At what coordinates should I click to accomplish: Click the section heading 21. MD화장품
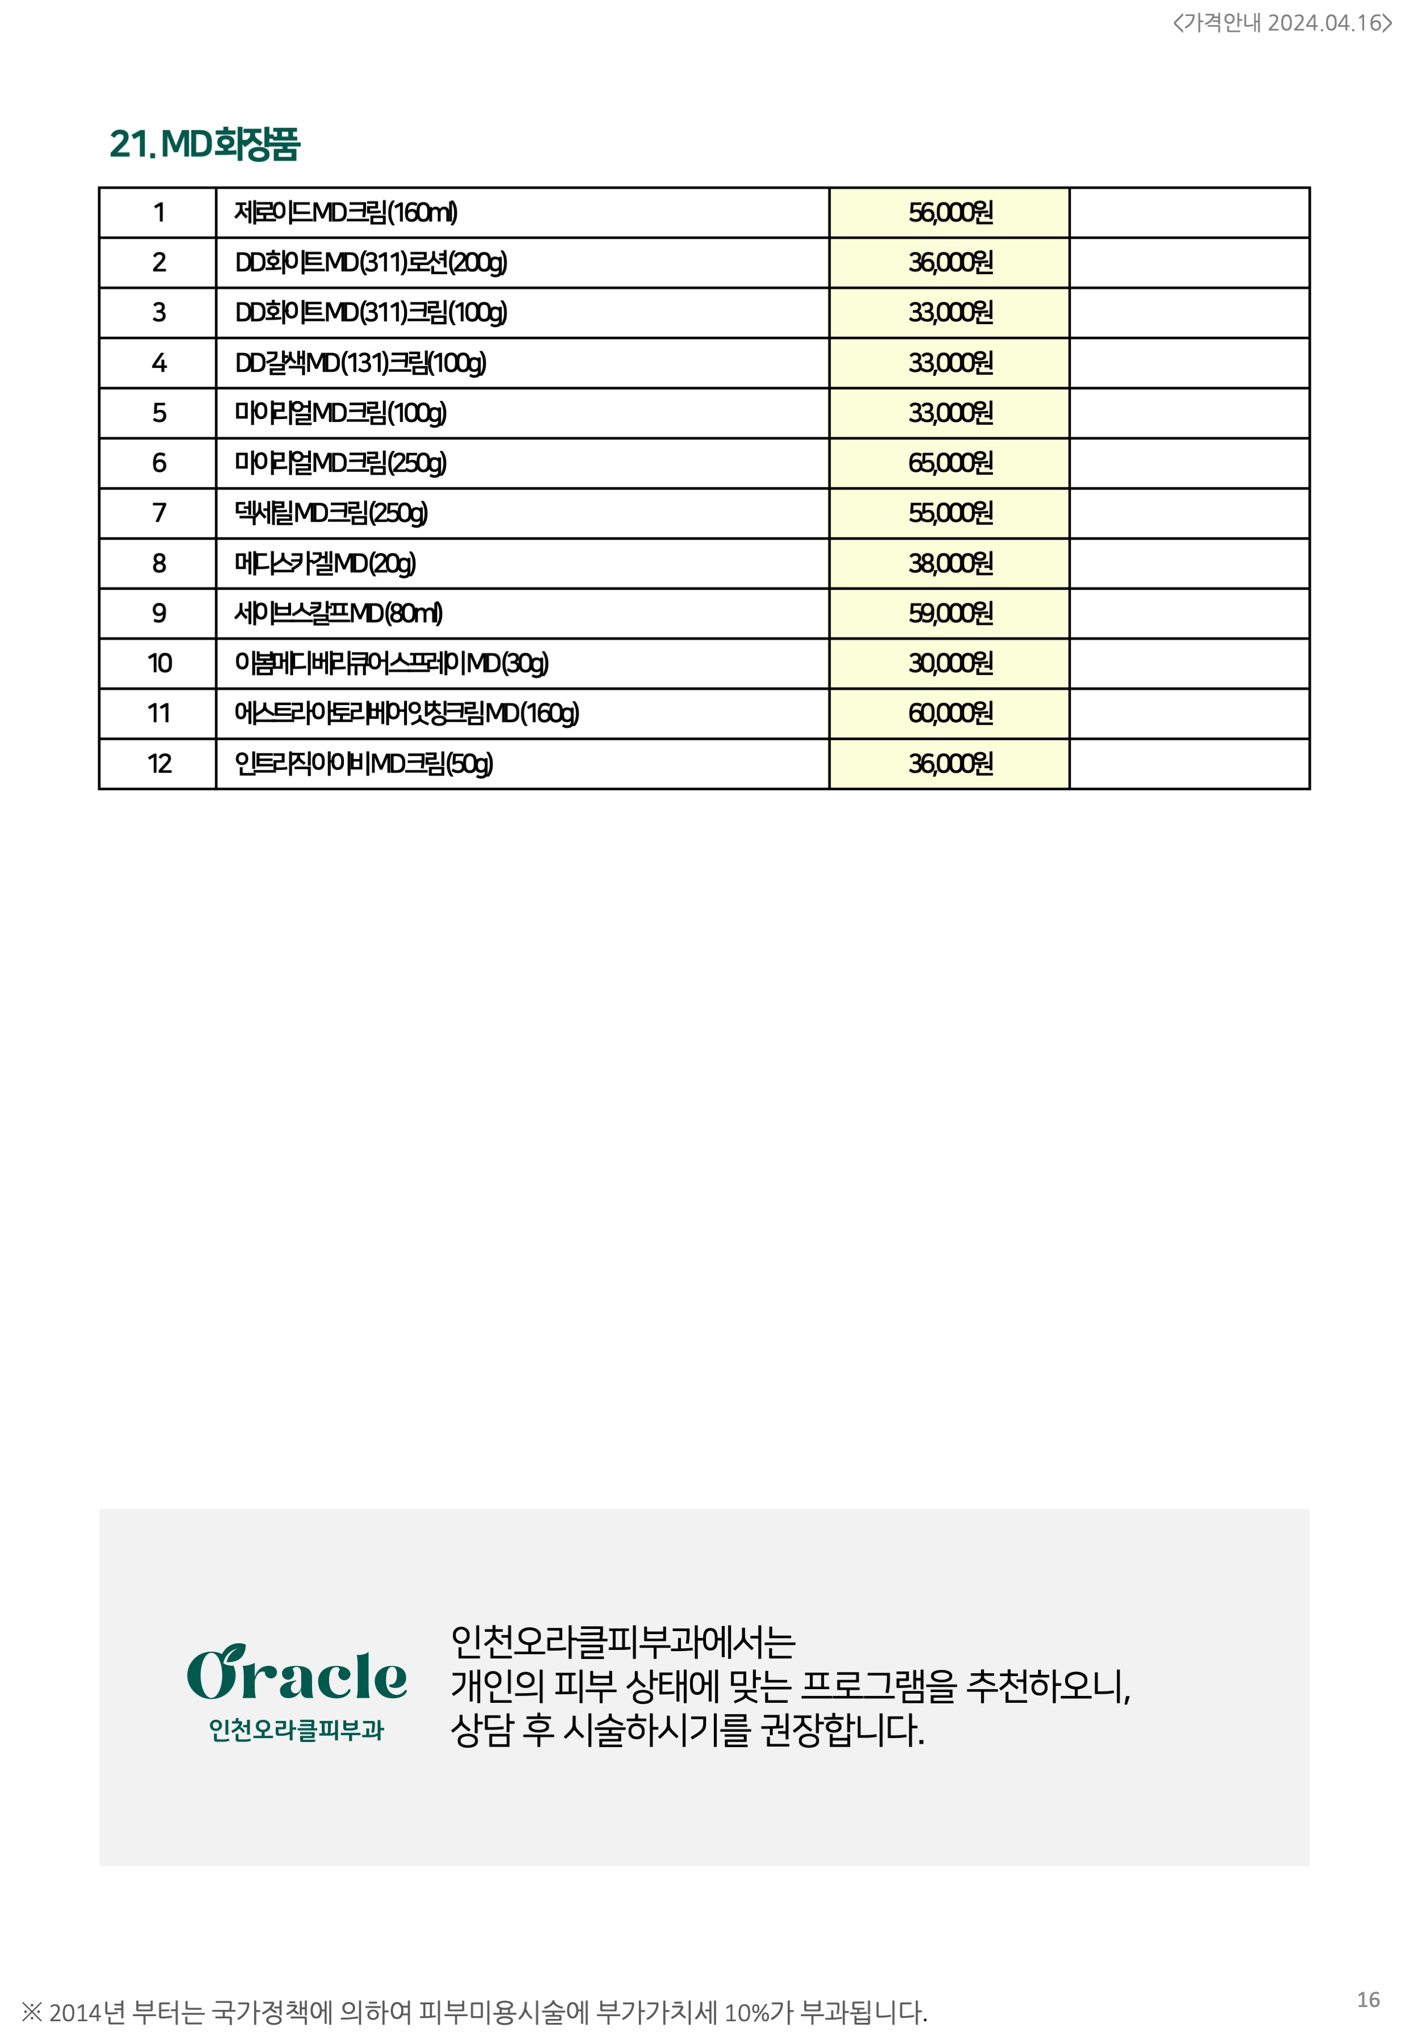(204, 144)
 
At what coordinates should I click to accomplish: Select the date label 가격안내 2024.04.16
(1281, 23)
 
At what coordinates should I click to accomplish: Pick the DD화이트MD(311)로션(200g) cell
(371, 263)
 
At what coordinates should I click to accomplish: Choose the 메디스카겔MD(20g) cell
(325, 563)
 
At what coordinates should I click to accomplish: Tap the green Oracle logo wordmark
(297, 1674)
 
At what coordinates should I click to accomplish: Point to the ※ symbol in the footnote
(32, 2012)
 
